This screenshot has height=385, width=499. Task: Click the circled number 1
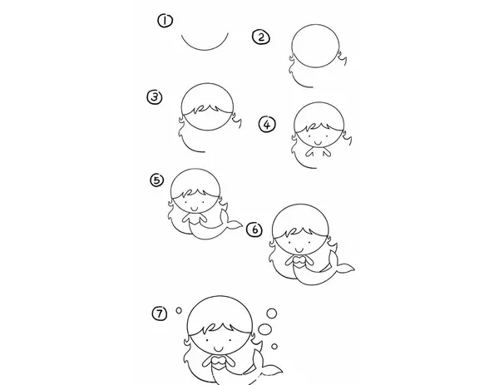pos(166,21)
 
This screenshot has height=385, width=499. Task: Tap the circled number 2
pos(261,37)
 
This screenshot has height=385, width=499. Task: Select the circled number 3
pos(155,96)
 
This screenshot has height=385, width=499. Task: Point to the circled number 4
pos(267,124)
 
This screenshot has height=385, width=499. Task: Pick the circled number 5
pos(157,180)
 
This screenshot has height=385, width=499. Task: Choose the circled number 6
pos(254,230)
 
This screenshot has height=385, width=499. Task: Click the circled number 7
pos(160,313)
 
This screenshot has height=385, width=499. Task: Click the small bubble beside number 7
pos(179,310)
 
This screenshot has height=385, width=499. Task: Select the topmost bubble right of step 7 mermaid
pos(271,313)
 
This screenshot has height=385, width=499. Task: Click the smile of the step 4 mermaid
pos(317,142)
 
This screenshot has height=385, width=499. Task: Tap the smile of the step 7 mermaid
pos(219,348)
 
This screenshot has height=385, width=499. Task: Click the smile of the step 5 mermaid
pos(194,208)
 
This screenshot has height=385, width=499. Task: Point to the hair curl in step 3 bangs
pos(201,108)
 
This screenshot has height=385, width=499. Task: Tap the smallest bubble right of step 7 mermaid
pos(274,346)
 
